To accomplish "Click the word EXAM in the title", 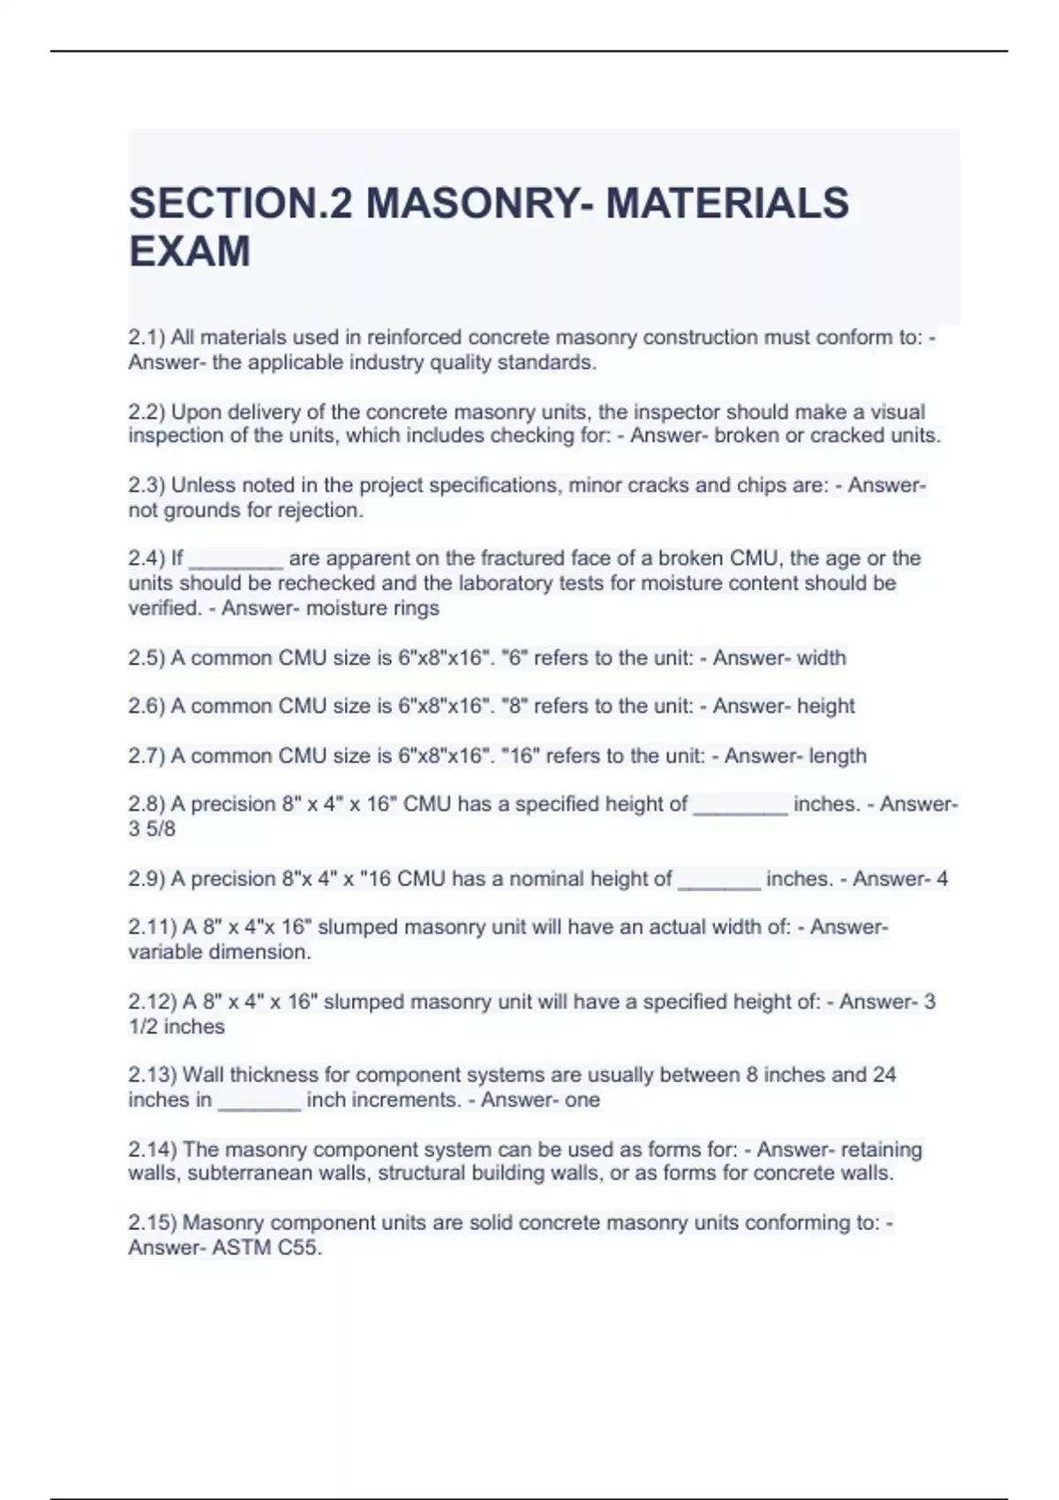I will pos(190,251).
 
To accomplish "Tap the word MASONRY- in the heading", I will pos(479,203).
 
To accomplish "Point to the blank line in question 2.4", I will pos(236,565).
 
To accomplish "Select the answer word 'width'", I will pos(821,657).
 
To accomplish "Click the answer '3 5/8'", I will pos(152,829).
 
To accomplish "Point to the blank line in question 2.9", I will pos(718,885).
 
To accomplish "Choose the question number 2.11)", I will pos(153,927).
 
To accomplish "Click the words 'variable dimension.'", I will pos(220,952).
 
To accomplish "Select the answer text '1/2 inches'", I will pos(176,1026).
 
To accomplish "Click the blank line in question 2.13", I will pos(259,1106).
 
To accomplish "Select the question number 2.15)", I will pos(153,1223).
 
